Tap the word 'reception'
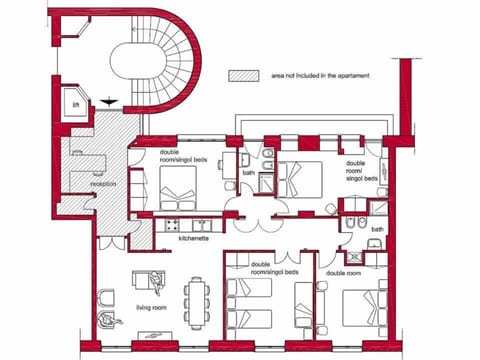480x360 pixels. click(103, 183)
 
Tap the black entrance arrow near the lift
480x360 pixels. click(108, 101)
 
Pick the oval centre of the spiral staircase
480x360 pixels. click(138, 67)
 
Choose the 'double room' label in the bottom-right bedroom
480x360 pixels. click(343, 272)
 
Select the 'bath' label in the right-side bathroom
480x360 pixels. click(377, 229)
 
